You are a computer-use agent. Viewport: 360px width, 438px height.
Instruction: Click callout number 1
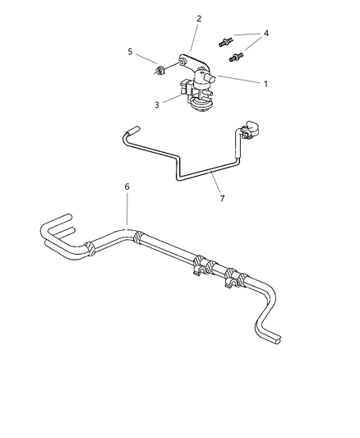(x=265, y=84)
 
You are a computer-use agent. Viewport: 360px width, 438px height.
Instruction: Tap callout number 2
(x=199, y=19)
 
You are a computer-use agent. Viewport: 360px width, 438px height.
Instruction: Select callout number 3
(x=157, y=105)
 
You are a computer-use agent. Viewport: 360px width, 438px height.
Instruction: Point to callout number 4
(x=266, y=33)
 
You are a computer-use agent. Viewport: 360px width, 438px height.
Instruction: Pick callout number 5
(x=130, y=52)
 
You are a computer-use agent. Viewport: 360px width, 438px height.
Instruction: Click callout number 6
(x=127, y=187)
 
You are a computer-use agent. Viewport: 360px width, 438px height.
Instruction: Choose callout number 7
(x=222, y=199)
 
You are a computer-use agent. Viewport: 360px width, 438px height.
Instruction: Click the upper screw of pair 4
(x=225, y=43)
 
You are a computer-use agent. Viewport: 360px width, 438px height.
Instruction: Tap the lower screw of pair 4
(x=236, y=58)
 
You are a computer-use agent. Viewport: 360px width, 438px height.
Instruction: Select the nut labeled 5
(x=159, y=70)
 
